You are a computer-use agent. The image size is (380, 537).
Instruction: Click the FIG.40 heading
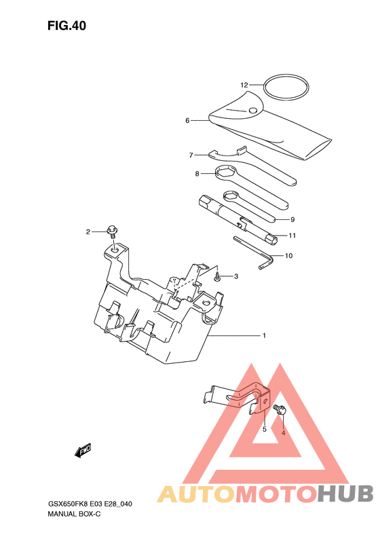(x=66, y=26)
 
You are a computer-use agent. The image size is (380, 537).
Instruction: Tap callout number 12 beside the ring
(x=244, y=85)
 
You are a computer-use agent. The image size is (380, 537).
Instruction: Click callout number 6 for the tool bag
(x=187, y=121)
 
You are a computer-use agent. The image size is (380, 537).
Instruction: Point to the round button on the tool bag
(x=253, y=110)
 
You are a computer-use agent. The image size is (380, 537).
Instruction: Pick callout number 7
(x=191, y=155)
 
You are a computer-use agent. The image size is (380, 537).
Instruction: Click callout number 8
(x=197, y=174)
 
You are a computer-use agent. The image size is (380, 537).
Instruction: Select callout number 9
(x=292, y=219)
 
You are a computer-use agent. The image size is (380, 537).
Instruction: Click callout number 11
(x=292, y=236)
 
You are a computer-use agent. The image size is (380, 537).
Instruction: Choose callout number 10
(x=288, y=256)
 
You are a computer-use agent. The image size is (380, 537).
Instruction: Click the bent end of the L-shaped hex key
(x=265, y=262)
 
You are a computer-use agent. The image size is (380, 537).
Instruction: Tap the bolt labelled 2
(x=112, y=232)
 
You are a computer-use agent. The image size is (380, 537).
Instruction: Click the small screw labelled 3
(x=217, y=277)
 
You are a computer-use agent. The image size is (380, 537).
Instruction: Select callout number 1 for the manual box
(x=264, y=335)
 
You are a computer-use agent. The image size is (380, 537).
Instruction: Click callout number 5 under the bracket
(x=264, y=429)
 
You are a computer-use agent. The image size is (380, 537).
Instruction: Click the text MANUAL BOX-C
(x=74, y=514)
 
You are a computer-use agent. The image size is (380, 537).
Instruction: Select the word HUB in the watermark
(x=345, y=494)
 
